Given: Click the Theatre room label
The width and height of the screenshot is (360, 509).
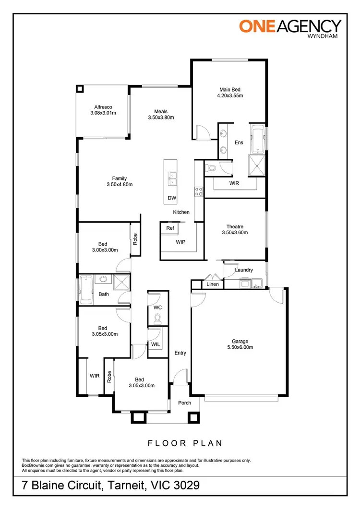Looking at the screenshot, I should pos(235,227).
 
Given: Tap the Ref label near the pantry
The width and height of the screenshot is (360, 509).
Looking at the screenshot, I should pos(170,228).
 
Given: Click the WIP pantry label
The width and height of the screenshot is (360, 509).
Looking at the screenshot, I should pos(180,242).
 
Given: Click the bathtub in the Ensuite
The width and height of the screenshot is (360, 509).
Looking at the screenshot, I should pos(257,137).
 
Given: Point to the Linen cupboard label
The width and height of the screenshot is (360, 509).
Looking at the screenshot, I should pos(213,284).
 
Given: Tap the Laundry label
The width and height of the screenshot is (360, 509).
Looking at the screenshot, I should pos(244,270).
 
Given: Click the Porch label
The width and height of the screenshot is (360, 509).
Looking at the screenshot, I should pos(185,402).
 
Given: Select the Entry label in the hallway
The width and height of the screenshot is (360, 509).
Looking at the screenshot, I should pos(180,353).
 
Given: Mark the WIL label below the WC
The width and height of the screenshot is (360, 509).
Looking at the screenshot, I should pos(156,344).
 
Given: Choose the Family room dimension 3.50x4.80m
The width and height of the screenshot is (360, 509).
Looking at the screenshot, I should pos(120,184).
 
